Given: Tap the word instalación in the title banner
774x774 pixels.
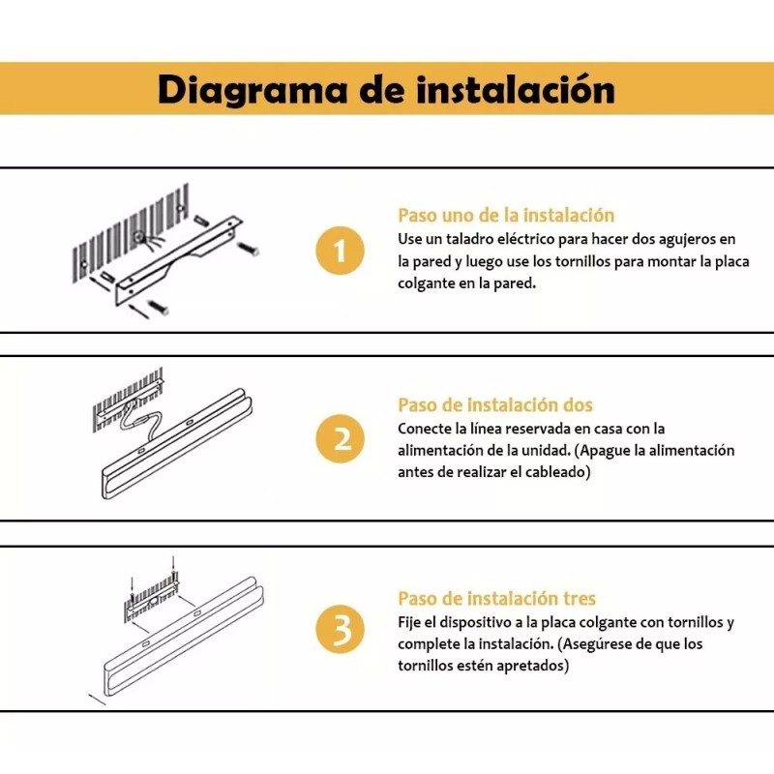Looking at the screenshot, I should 519,89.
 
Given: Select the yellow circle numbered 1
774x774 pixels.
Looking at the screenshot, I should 340,252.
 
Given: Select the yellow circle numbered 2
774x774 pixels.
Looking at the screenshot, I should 340,440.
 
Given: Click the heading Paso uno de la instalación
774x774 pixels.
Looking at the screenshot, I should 506,215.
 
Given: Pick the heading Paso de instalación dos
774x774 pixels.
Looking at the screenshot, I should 495,404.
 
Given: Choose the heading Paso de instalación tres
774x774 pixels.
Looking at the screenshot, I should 496,599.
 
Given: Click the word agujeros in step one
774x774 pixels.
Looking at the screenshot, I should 672,238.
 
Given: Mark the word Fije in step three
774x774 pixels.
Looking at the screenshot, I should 410,622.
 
